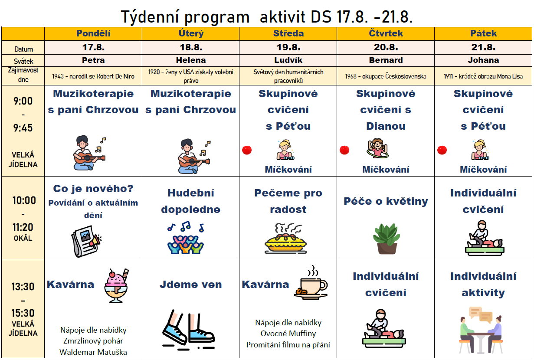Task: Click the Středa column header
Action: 288,33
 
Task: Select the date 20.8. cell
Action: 386,47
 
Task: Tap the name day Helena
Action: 191,60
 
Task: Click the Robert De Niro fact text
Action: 93,76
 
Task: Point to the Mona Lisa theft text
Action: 483,76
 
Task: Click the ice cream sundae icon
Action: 116,286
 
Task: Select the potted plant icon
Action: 386,239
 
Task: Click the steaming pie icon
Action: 285,238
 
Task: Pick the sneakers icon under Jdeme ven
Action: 189,330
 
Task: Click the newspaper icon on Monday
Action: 86,241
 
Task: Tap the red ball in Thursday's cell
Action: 344,150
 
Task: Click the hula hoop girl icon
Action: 377,148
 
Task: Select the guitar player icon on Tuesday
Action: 194,156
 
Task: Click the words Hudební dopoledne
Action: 191,201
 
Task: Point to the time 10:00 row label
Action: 24,200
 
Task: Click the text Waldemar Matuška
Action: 93,352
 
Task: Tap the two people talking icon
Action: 481,330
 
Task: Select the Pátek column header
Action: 483,33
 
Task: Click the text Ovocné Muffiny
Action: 288,333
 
